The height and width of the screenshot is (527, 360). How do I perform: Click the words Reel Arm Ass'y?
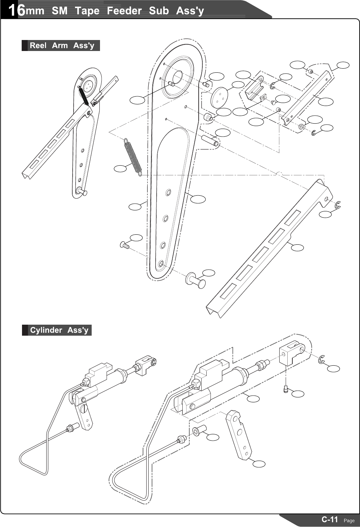point(62,46)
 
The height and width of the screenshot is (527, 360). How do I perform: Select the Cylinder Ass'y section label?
point(59,330)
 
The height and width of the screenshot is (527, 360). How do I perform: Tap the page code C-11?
point(329,519)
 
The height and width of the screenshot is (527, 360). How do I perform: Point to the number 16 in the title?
point(16,11)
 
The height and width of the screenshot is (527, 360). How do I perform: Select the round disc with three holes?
point(219,96)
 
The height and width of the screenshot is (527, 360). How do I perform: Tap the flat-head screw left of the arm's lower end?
point(124,245)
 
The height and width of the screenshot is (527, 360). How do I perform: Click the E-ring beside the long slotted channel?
point(338,205)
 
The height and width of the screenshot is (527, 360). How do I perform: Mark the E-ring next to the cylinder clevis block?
point(321,360)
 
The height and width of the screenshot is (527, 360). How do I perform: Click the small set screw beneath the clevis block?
point(286,389)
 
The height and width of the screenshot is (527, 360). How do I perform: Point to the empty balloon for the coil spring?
point(120,169)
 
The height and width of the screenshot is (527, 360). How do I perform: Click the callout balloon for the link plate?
point(259,463)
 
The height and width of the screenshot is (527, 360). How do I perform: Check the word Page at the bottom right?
point(349,520)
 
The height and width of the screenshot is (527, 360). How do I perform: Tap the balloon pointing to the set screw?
point(298,394)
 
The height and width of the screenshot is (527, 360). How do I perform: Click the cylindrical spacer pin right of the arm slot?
point(210,140)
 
